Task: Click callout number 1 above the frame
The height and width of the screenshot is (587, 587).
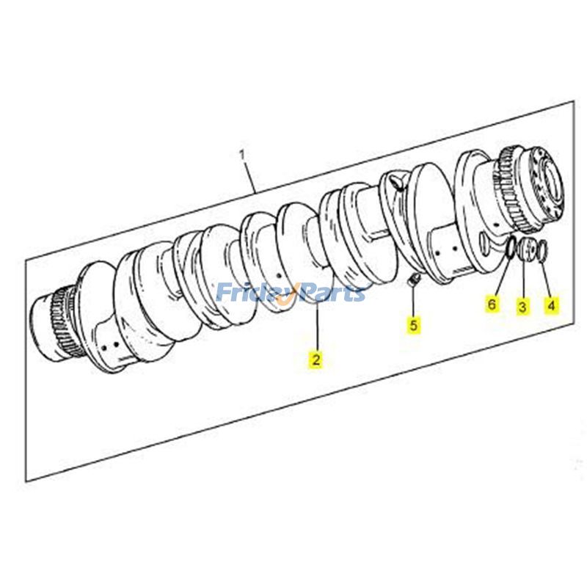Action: pyautogui.click(x=241, y=154)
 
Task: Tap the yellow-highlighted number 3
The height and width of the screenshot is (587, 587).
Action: pyautogui.click(x=522, y=306)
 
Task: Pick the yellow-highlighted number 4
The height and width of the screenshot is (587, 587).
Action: pyautogui.click(x=550, y=303)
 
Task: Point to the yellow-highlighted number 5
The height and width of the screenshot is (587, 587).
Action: pyautogui.click(x=414, y=324)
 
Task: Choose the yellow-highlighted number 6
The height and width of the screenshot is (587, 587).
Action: pyautogui.click(x=493, y=303)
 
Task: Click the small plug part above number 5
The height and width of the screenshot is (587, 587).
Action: pyautogui.click(x=412, y=280)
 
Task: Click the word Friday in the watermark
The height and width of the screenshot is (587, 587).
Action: pyautogui.click(x=248, y=293)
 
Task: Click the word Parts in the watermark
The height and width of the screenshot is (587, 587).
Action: pyautogui.click(x=330, y=293)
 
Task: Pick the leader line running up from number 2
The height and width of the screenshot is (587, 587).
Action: pyautogui.click(x=316, y=330)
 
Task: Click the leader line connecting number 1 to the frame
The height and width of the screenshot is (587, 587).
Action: pyautogui.click(x=249, y=176)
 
